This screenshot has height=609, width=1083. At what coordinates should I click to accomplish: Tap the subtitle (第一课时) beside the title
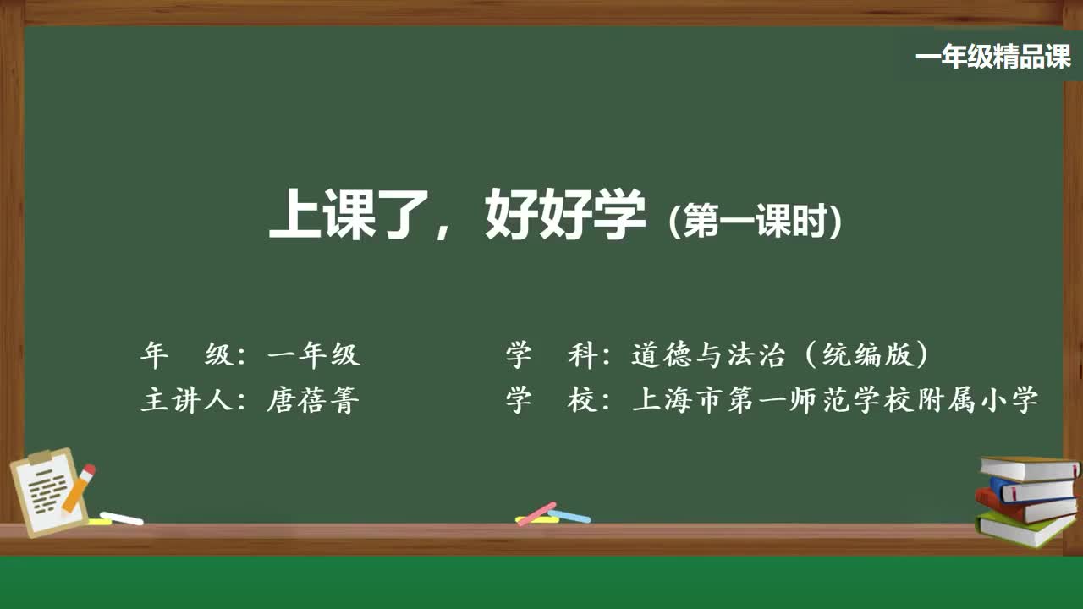coord(755,222)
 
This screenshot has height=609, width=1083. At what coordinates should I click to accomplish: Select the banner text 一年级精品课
coord(992,58)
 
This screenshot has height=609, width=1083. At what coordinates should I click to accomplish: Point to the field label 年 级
coord(187,355)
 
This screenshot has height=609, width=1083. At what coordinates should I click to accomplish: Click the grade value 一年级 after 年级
coord(314,355)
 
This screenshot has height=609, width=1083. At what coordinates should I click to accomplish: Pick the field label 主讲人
coord(187,399)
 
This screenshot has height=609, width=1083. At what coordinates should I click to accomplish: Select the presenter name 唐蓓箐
coord(314,399)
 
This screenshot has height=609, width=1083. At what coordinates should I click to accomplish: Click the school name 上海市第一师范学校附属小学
coord(834,399)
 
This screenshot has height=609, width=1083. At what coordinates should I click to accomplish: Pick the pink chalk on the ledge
coord(536,513)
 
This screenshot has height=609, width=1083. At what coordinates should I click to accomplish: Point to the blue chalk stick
coord(569,515)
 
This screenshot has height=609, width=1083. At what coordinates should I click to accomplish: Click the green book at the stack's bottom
coord(1024,528)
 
